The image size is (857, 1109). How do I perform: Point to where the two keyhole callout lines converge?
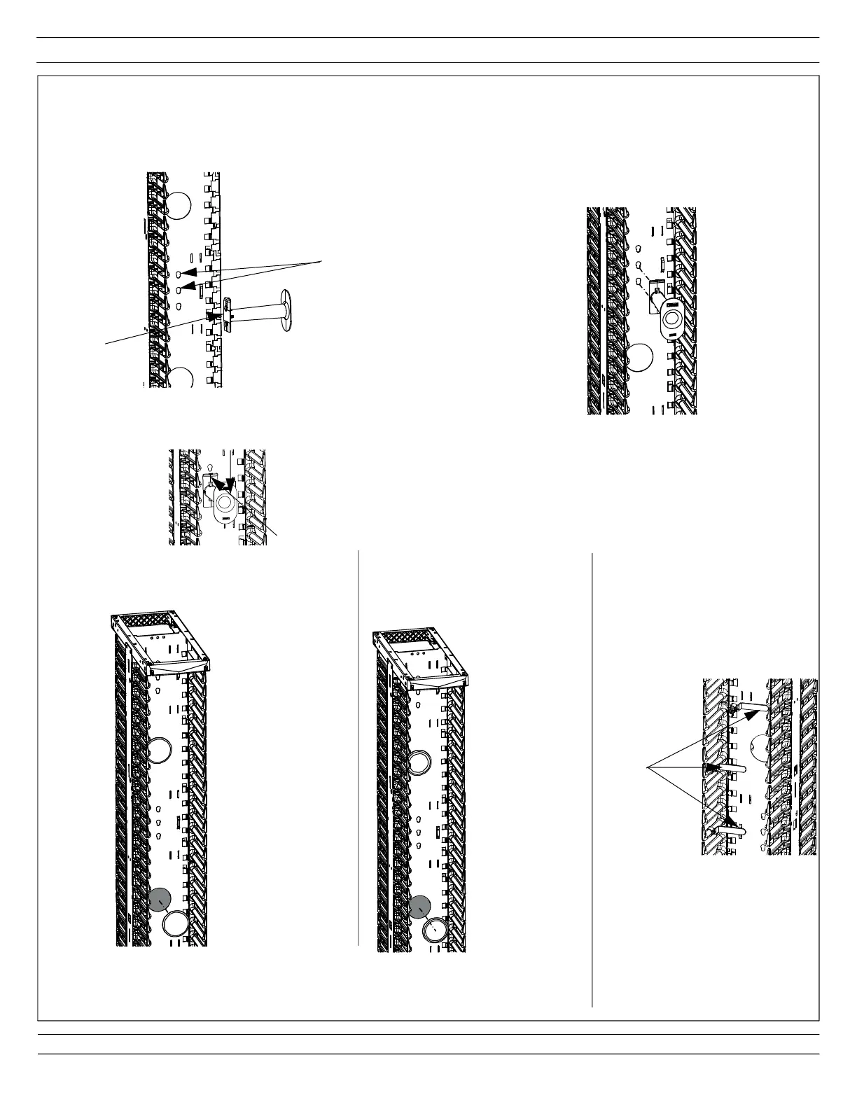(322, 261)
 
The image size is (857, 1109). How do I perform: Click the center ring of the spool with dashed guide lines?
(673, 319)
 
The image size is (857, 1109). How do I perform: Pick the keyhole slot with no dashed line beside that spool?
(639, 249)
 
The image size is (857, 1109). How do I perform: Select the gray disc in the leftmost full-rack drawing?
(161, 899)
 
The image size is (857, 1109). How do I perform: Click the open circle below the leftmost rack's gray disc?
(174, 924)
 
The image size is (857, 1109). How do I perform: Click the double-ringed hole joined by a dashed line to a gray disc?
(436, 930)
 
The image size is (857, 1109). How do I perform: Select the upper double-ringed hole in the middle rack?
(419, 761)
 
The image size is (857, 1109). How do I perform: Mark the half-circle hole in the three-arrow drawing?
(759, 749)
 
